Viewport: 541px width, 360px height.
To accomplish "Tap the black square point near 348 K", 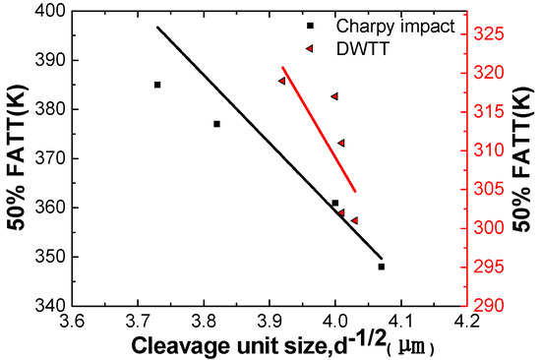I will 381,267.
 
